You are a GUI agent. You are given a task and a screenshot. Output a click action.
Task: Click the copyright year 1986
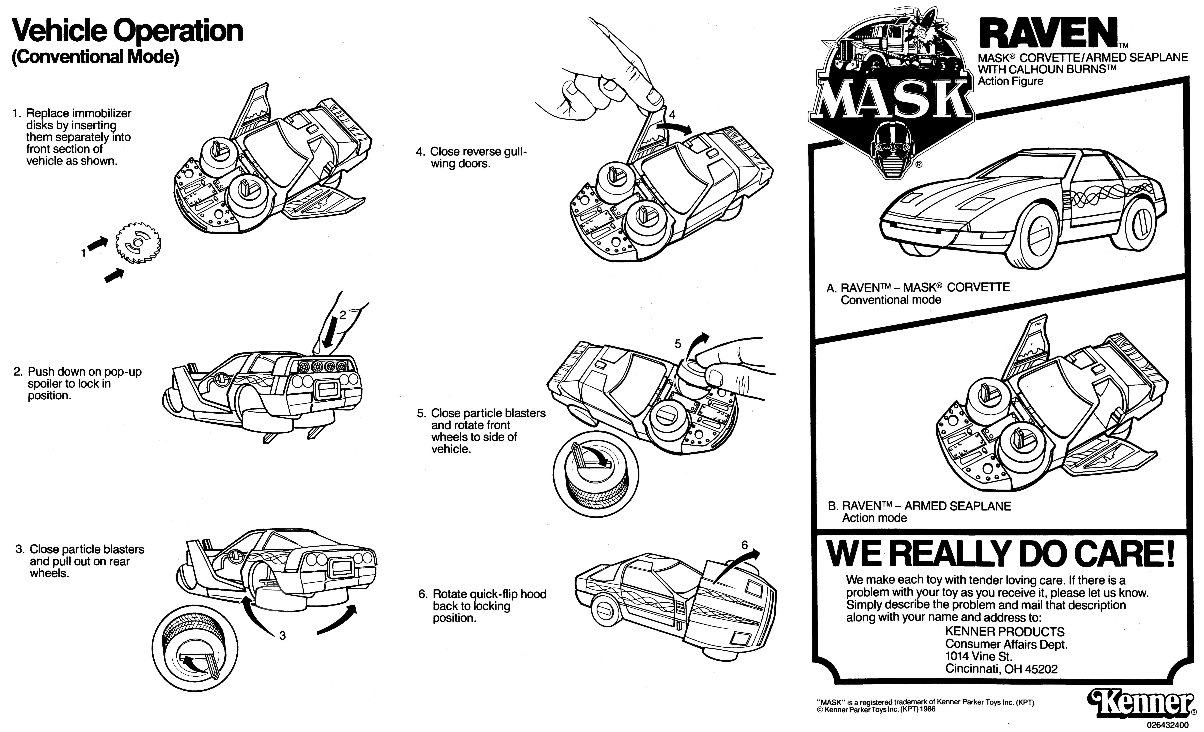[927, 709]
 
